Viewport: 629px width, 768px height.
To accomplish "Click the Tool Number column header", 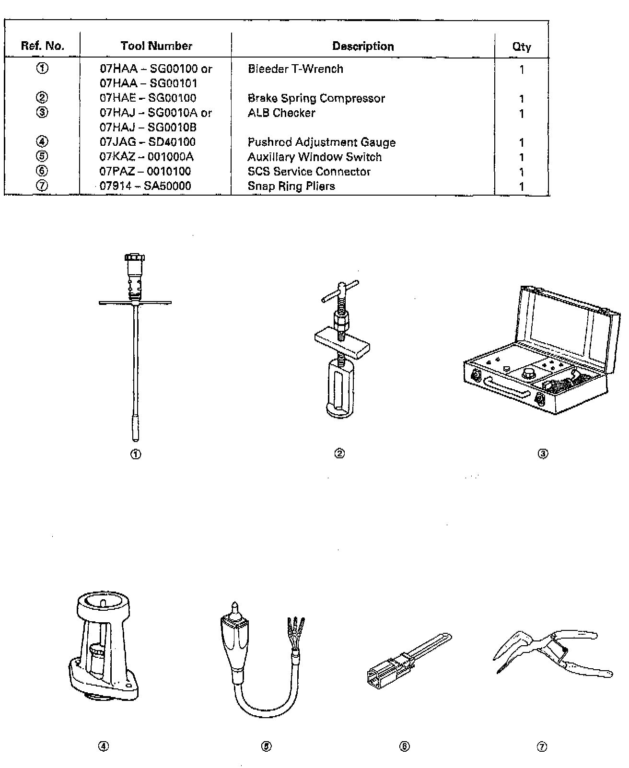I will pyautogui.click(x=156, y=46).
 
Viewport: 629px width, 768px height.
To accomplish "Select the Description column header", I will pyautogui.click(x=363, y=47).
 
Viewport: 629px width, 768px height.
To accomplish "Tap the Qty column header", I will pyautogui.click(x=521, y=47).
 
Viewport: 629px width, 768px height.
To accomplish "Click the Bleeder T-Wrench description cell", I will pyautogui.click(x=295, y=69).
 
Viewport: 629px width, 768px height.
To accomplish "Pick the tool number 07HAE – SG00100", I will pyautogui.click(x=148, y=98).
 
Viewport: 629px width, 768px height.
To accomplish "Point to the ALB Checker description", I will pyautogui.click(x=281, y=113).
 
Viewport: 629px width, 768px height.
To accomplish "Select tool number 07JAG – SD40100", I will pyautogui.click(x=148, y=142).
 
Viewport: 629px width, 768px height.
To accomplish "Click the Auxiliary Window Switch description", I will pyautogui.click(x=314, y=157).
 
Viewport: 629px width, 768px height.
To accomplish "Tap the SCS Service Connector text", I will pyautogui.click(x=309, y=172).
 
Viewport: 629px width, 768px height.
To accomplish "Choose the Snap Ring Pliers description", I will pyautogui.click(x=291, y=186).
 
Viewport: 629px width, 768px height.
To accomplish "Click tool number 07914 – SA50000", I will pyautogui.click(x=145, y=186).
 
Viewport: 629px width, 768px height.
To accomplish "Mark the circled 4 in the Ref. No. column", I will pyautogui.click(x=42, y=142).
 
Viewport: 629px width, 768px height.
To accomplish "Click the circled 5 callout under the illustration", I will pyautogui.click(x=267, y=746).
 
